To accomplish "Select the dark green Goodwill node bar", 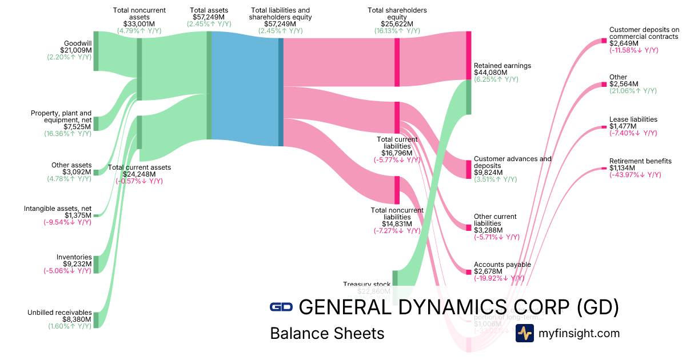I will (96, 51).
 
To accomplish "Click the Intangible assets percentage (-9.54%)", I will (67, 222).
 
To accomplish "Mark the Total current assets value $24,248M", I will (139, 174).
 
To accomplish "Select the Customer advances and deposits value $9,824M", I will (488, 172).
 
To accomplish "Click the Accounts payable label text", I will (502, 265).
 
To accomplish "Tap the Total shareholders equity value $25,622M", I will (397, 24).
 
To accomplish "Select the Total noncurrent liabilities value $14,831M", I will (397, 223).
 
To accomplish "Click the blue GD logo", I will (281, 307).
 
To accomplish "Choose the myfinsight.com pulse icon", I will (524, 333).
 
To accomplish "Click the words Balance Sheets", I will (327, 333).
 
